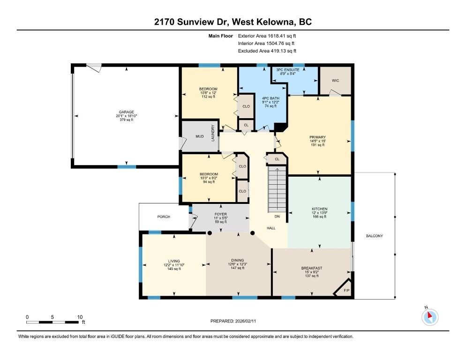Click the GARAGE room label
126,112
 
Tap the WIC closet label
335,81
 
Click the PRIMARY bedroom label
317,137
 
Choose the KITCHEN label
320,209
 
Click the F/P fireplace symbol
346,291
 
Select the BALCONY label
374,236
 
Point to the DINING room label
237,260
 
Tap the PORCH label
163,217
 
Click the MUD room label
199,137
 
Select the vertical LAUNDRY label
213,133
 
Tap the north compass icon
429,316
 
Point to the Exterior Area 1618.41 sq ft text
267,35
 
